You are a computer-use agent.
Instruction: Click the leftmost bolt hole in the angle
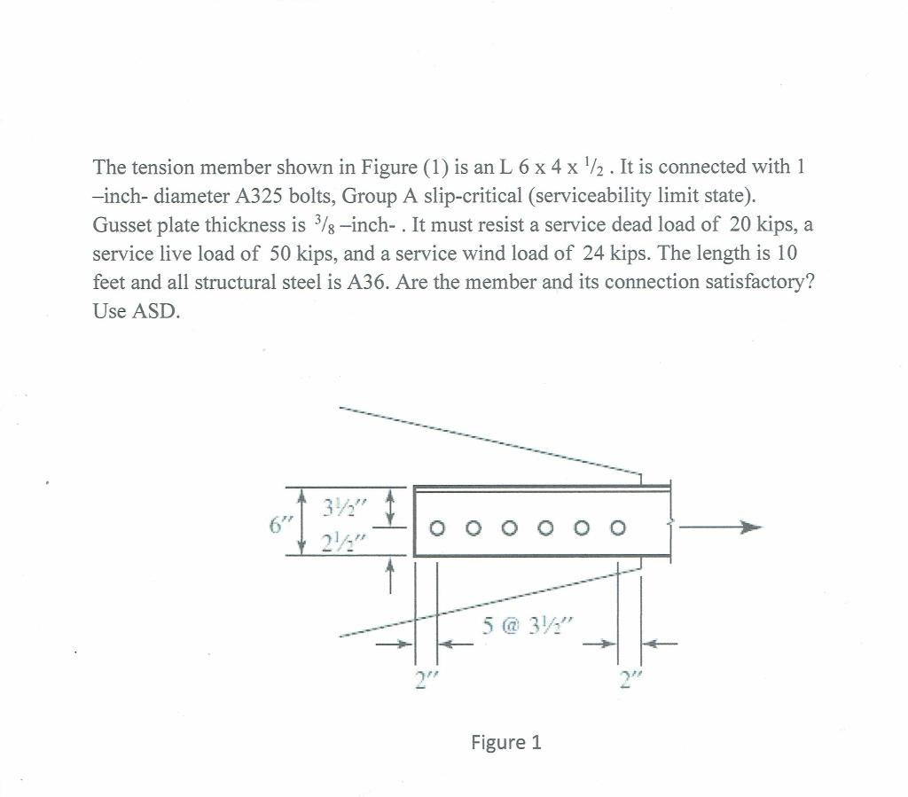(x=436, y=529)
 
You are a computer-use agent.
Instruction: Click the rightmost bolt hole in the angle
(x=618, y=529)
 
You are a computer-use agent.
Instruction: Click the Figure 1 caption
(x=505, y=742)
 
